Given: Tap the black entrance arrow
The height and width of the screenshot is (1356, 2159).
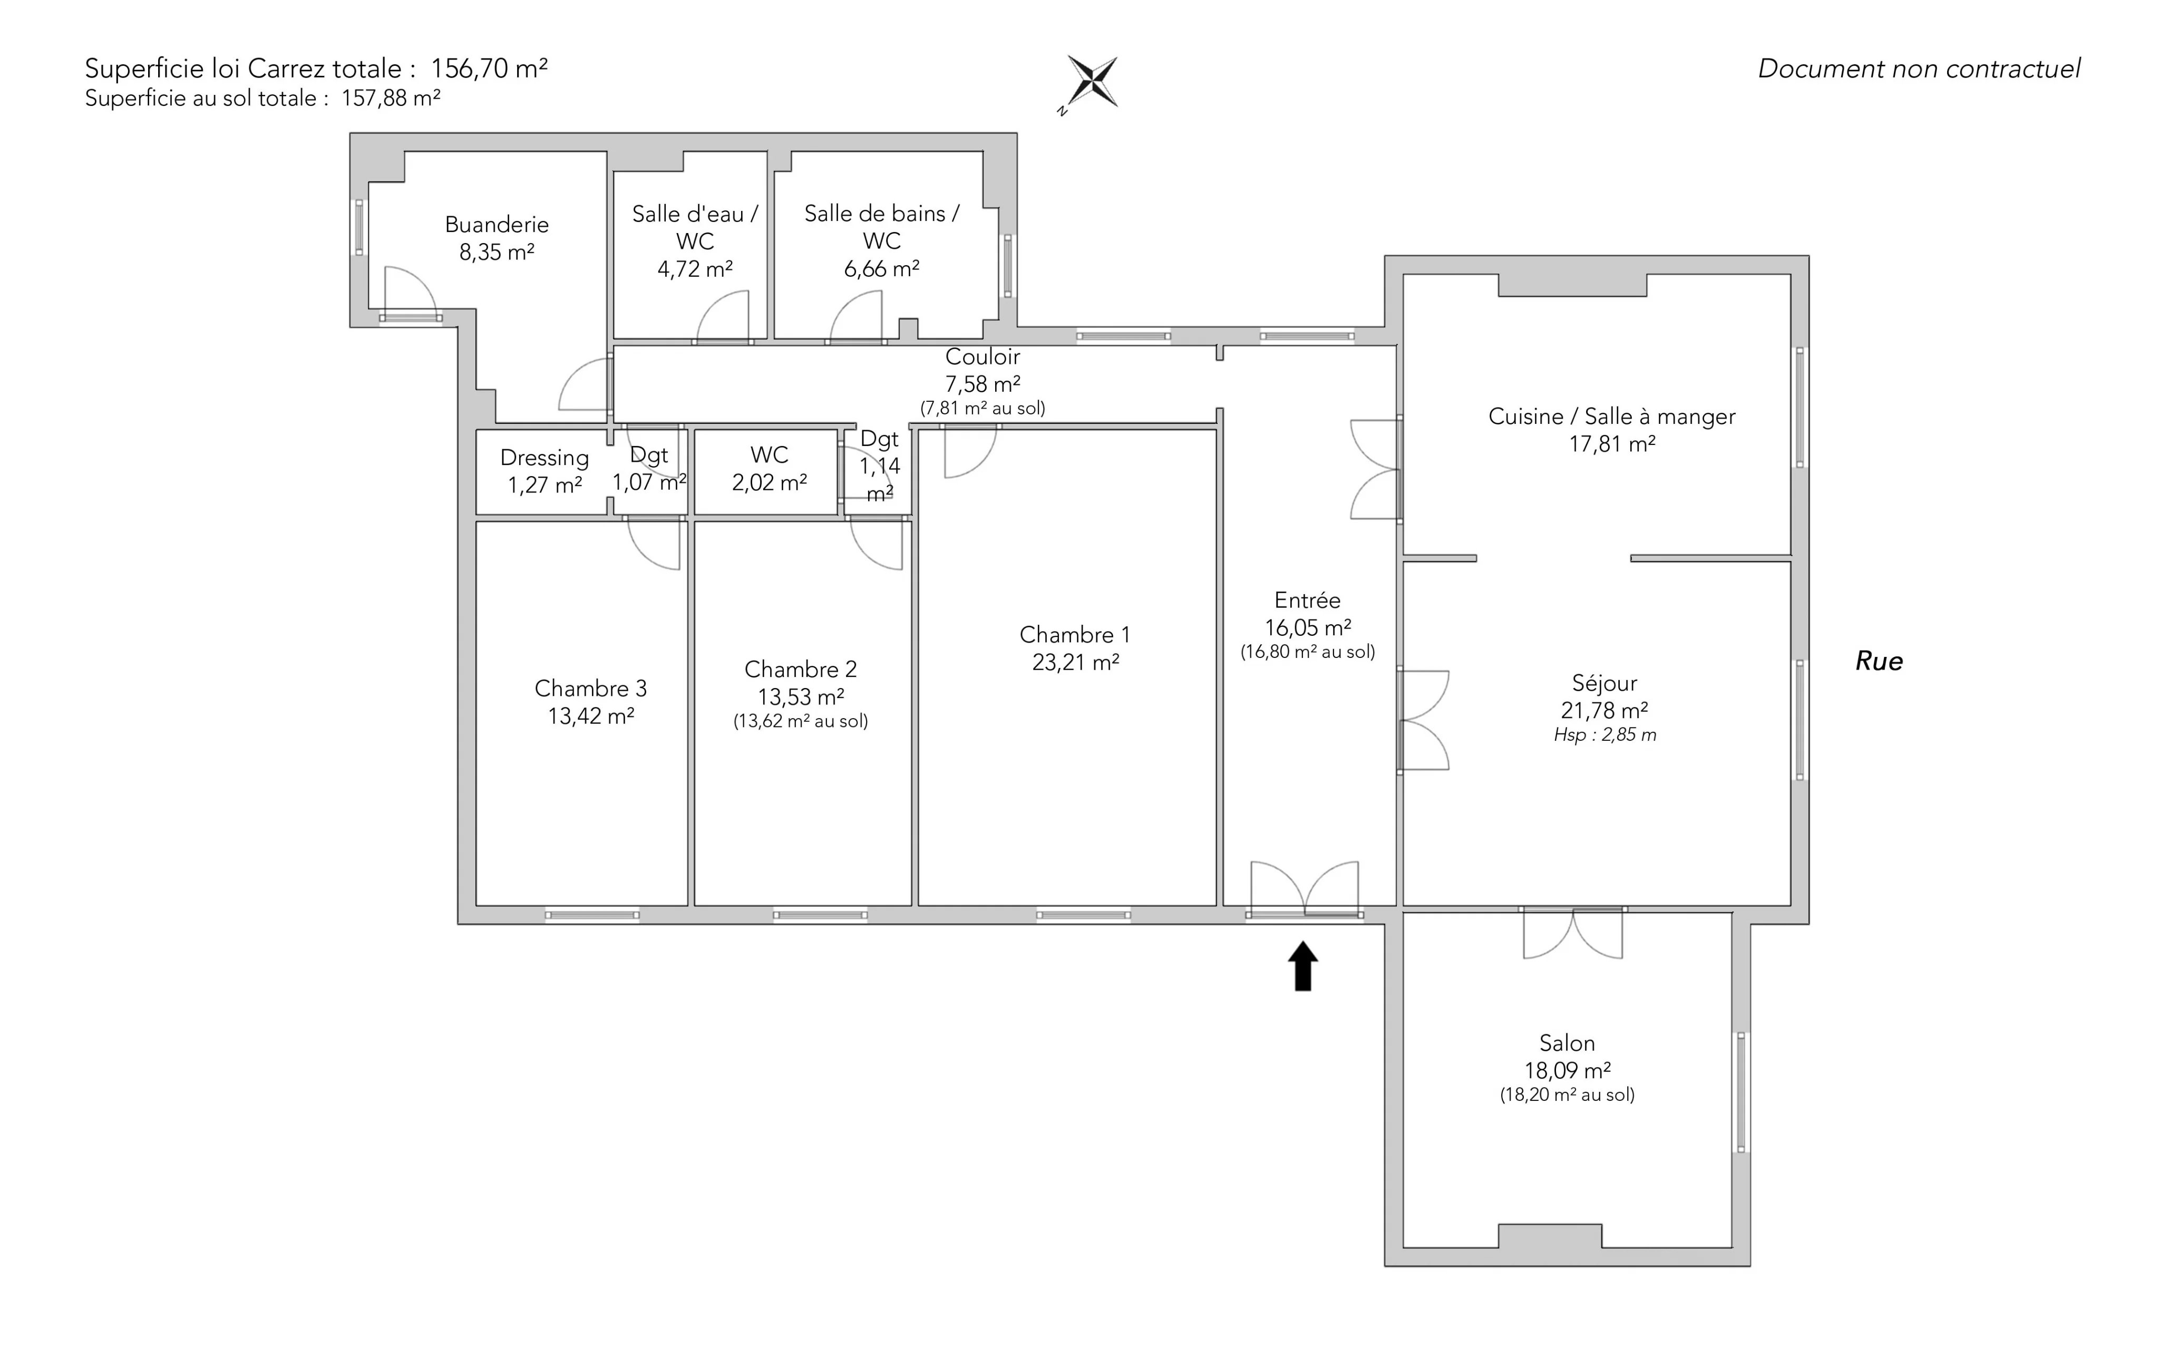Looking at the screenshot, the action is tap(1303, 966).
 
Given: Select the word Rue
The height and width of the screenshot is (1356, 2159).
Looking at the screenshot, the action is tap(1879, 661).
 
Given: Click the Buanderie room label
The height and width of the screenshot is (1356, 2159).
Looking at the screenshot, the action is tap(497, 224).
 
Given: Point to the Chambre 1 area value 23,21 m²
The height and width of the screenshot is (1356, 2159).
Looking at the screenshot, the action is tap(1075, 662).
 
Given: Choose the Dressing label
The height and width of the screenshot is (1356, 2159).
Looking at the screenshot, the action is tap(544, 458).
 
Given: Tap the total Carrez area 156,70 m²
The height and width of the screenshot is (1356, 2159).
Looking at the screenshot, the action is tap(490, 68).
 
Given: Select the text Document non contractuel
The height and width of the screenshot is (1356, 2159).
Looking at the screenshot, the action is tap(1919, 69).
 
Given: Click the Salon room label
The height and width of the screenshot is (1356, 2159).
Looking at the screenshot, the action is tap(1567, 1043).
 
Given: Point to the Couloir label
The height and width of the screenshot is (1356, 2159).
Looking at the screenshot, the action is tap(983, 357).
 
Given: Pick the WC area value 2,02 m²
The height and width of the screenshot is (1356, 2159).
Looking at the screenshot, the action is tap(769, 482).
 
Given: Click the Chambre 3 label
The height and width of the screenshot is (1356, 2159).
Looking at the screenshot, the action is tap(591, 689).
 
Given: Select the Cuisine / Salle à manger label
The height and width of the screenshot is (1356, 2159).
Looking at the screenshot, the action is tap(1612, 416).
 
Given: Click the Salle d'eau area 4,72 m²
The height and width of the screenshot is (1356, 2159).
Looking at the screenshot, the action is tap(695, 269).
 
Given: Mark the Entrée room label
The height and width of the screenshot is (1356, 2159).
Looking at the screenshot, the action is tap(1307, 600).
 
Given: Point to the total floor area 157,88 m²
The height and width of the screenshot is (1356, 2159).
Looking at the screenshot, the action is tap(391, 98).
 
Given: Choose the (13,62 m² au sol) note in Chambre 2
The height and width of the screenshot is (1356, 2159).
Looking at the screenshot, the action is tap(801, 721).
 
